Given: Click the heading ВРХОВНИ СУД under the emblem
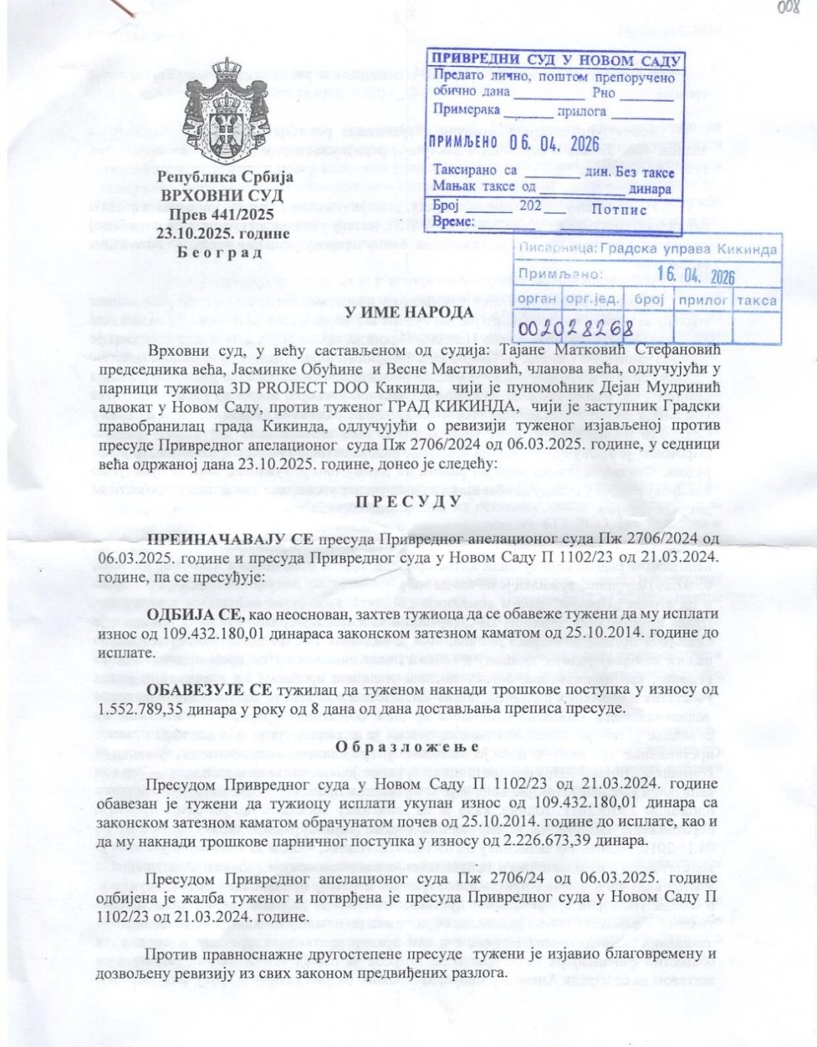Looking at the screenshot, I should click(x=222, y=195).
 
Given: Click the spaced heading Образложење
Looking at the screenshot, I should click(x=407, y=746).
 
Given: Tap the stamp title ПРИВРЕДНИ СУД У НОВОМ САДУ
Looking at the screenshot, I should click(x=556, y=60).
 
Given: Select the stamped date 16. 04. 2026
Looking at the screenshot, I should click(x=695, y=274).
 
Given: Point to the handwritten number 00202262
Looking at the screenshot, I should click(x=576, y=328).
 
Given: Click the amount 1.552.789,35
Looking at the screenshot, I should click(x=142, y=708).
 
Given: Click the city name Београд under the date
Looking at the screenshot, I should click(x=220, y=252).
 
